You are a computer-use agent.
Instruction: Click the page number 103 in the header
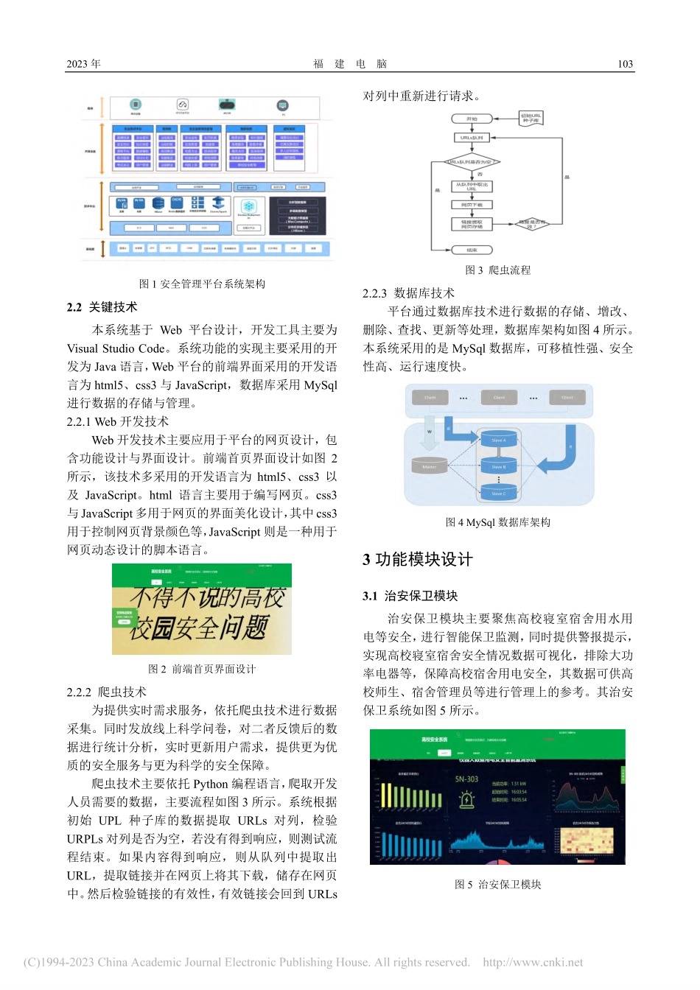click(625, 64)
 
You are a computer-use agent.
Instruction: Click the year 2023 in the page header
click(83, 64)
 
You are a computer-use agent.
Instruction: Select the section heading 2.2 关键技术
click(102, 307)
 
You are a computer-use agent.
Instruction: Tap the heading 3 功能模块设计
click(417, 559)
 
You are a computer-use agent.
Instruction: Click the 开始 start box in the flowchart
click(472, 119)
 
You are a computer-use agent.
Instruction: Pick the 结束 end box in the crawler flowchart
click(472, 250)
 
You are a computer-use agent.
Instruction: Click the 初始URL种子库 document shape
click(531, 118)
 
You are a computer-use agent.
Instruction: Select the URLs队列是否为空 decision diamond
click(472, 162)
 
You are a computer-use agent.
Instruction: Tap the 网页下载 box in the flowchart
click(472, 206)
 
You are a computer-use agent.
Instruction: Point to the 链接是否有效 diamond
click(532, 224)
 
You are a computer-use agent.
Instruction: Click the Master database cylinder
click(430, 467)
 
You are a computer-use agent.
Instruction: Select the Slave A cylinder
click(498, 440)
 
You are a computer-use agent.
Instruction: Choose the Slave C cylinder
click(498, 494)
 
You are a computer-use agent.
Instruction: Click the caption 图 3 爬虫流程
click(497, 270)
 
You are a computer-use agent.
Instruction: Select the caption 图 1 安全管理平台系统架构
click(202, 284)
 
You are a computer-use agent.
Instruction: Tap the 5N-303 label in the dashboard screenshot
click(466, 779)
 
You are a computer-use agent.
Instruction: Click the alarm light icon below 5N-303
click(466, 800)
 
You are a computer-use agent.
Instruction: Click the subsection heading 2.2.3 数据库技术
click(408, 293)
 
